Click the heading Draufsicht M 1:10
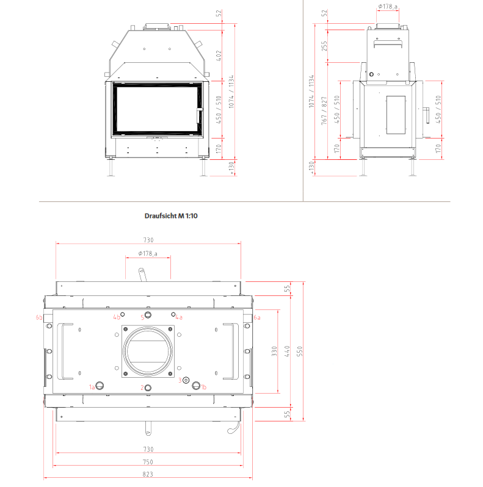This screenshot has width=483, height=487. (171, 216)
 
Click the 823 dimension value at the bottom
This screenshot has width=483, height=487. (148, 474)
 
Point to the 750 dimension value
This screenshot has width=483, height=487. (148, 462)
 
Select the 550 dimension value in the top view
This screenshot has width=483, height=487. (300, 352)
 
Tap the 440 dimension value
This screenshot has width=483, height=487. (287, 352)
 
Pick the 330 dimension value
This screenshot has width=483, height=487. (274, 352)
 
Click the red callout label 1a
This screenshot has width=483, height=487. (92, 387)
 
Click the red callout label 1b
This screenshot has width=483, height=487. (203, 387)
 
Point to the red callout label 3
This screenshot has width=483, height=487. (180, 380)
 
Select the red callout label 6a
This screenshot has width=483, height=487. (257, 317)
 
